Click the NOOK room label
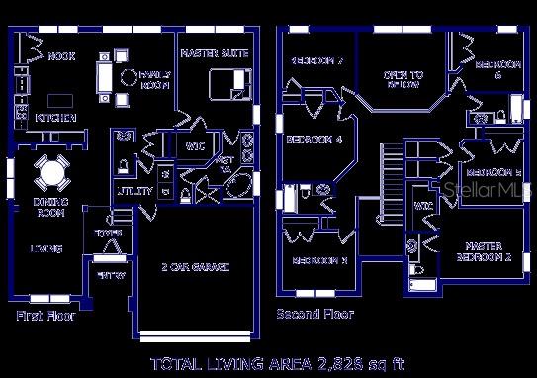63,56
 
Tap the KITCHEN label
56,117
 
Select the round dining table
50,174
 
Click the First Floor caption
45,317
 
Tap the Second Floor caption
314,314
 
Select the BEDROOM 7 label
315,60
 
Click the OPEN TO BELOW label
403,80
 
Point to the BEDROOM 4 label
313,140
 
